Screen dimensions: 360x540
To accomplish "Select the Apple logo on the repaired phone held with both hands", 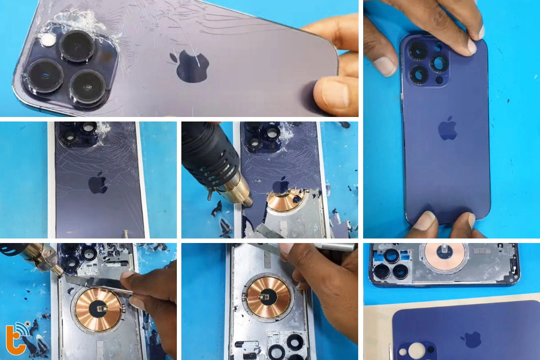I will point(448,128).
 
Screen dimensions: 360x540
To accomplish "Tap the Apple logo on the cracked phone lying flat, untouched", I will point(97,184).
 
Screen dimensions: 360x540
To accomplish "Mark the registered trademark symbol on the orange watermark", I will point(28,324).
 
